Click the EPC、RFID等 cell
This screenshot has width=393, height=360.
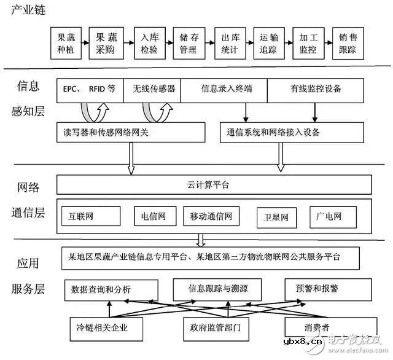point(89,89)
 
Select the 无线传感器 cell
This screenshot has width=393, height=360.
point(154,89)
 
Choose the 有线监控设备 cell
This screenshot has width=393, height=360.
point(317,89)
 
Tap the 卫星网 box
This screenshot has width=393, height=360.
point(276,216)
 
